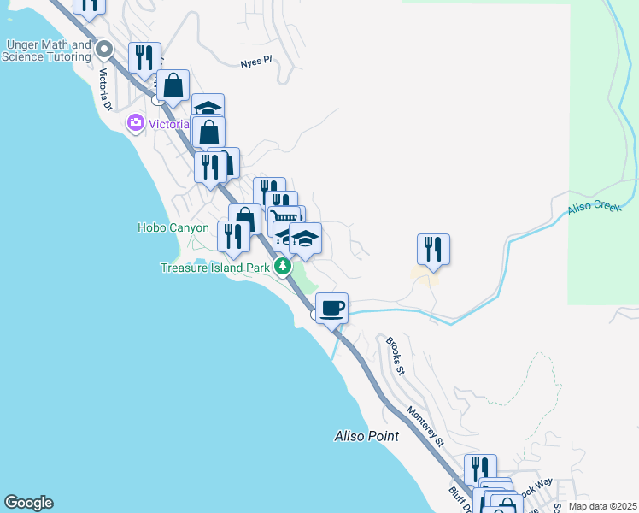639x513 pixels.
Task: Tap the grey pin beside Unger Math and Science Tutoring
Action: pos(105,49)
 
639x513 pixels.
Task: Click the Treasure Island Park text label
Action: pos(215,268)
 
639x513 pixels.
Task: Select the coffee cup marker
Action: pos(331,307)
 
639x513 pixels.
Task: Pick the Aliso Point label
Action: pos(366,436)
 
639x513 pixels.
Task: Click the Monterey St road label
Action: pos(425,427)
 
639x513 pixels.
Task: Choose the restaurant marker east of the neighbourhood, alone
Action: pos(433,249)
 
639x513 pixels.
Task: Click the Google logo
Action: pos(28,503)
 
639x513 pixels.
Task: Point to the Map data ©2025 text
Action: pos(602,506)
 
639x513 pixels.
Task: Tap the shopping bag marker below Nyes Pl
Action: pos(173,85)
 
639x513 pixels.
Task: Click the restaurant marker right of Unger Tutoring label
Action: pos(145,57)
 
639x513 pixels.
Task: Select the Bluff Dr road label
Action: pos(456,497)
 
